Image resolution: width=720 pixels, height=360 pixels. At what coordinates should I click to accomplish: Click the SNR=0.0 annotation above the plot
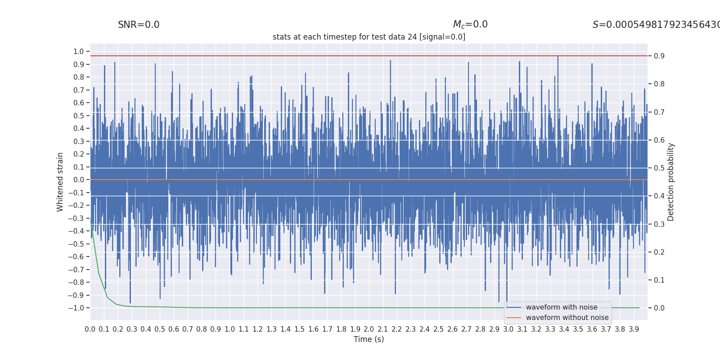click(x=139, y=25)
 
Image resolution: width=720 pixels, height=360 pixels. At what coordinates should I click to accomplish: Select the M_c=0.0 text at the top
click(x=470, y=25)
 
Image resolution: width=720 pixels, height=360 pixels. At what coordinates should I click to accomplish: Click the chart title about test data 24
click(x=369, y=37)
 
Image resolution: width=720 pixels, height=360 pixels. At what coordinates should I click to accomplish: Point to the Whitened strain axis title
click(x=60, y=182)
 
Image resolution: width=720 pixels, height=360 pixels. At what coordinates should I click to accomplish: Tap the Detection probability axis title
click(x=670, y=182)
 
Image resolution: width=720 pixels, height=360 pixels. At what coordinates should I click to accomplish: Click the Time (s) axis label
click(x=369, y=339)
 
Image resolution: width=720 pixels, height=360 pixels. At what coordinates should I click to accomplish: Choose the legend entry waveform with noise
click(x=561, y=307)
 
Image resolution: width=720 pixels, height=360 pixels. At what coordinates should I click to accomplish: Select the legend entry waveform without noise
click(x=567, y=318)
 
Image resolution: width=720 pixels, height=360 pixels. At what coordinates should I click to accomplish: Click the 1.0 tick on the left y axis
click(x=79, y=51)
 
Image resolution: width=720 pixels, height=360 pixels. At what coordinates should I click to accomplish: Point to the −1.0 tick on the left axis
click(x=76, y=308)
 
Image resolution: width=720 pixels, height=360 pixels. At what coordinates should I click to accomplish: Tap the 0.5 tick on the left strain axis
click(x=79, y=116)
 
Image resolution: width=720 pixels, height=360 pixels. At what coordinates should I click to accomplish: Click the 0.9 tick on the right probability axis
click(x=659, y=56)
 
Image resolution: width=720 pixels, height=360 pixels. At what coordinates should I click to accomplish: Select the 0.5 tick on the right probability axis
click(x=659, y=168)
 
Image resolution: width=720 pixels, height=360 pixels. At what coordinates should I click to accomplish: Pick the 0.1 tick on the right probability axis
click(x=659, y=280)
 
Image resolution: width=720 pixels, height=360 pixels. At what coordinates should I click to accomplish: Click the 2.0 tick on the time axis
click(x=369, y=329)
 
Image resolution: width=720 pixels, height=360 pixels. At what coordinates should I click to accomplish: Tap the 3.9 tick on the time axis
click(x=634, y=329)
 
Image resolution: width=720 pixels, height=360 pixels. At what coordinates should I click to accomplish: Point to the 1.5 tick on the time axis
click(x=299, y=329)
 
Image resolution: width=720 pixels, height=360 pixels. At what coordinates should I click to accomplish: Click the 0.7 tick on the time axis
click(x=188, y=329)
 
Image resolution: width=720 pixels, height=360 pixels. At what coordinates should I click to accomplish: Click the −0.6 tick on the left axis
click(x=76, y=256)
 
